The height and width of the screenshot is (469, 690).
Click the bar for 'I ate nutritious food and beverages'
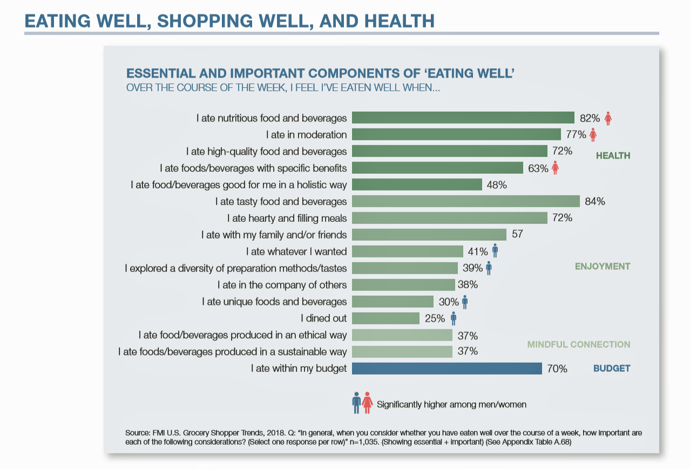point(463,118)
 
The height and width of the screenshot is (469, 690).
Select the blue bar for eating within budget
point(447,369)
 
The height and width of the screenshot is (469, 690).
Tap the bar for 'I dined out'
point(385,318)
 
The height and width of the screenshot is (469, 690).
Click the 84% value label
point(594,201)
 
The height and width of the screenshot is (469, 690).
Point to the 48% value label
point(497,185)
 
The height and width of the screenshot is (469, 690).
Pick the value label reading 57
point(518,235)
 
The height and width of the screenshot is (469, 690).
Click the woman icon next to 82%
point(608,118)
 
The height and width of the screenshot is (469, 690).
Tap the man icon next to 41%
point(495,251)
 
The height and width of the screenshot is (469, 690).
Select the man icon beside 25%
point(454,318)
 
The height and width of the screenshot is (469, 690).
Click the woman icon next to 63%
point(555,168)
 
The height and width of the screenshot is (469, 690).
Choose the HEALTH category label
point(613,156)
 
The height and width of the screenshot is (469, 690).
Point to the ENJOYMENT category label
point(603,267)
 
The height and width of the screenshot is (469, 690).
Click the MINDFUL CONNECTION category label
point(578,344)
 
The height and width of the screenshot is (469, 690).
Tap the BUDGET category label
point(612,369)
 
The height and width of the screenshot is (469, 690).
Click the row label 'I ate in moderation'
point(306,134)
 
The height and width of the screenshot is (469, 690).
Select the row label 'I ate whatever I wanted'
point(296,252)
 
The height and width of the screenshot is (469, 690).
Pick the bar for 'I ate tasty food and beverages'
point(465,201)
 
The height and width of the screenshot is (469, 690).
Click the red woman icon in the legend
point(367,403)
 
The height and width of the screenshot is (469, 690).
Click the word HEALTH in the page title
point(400,21)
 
